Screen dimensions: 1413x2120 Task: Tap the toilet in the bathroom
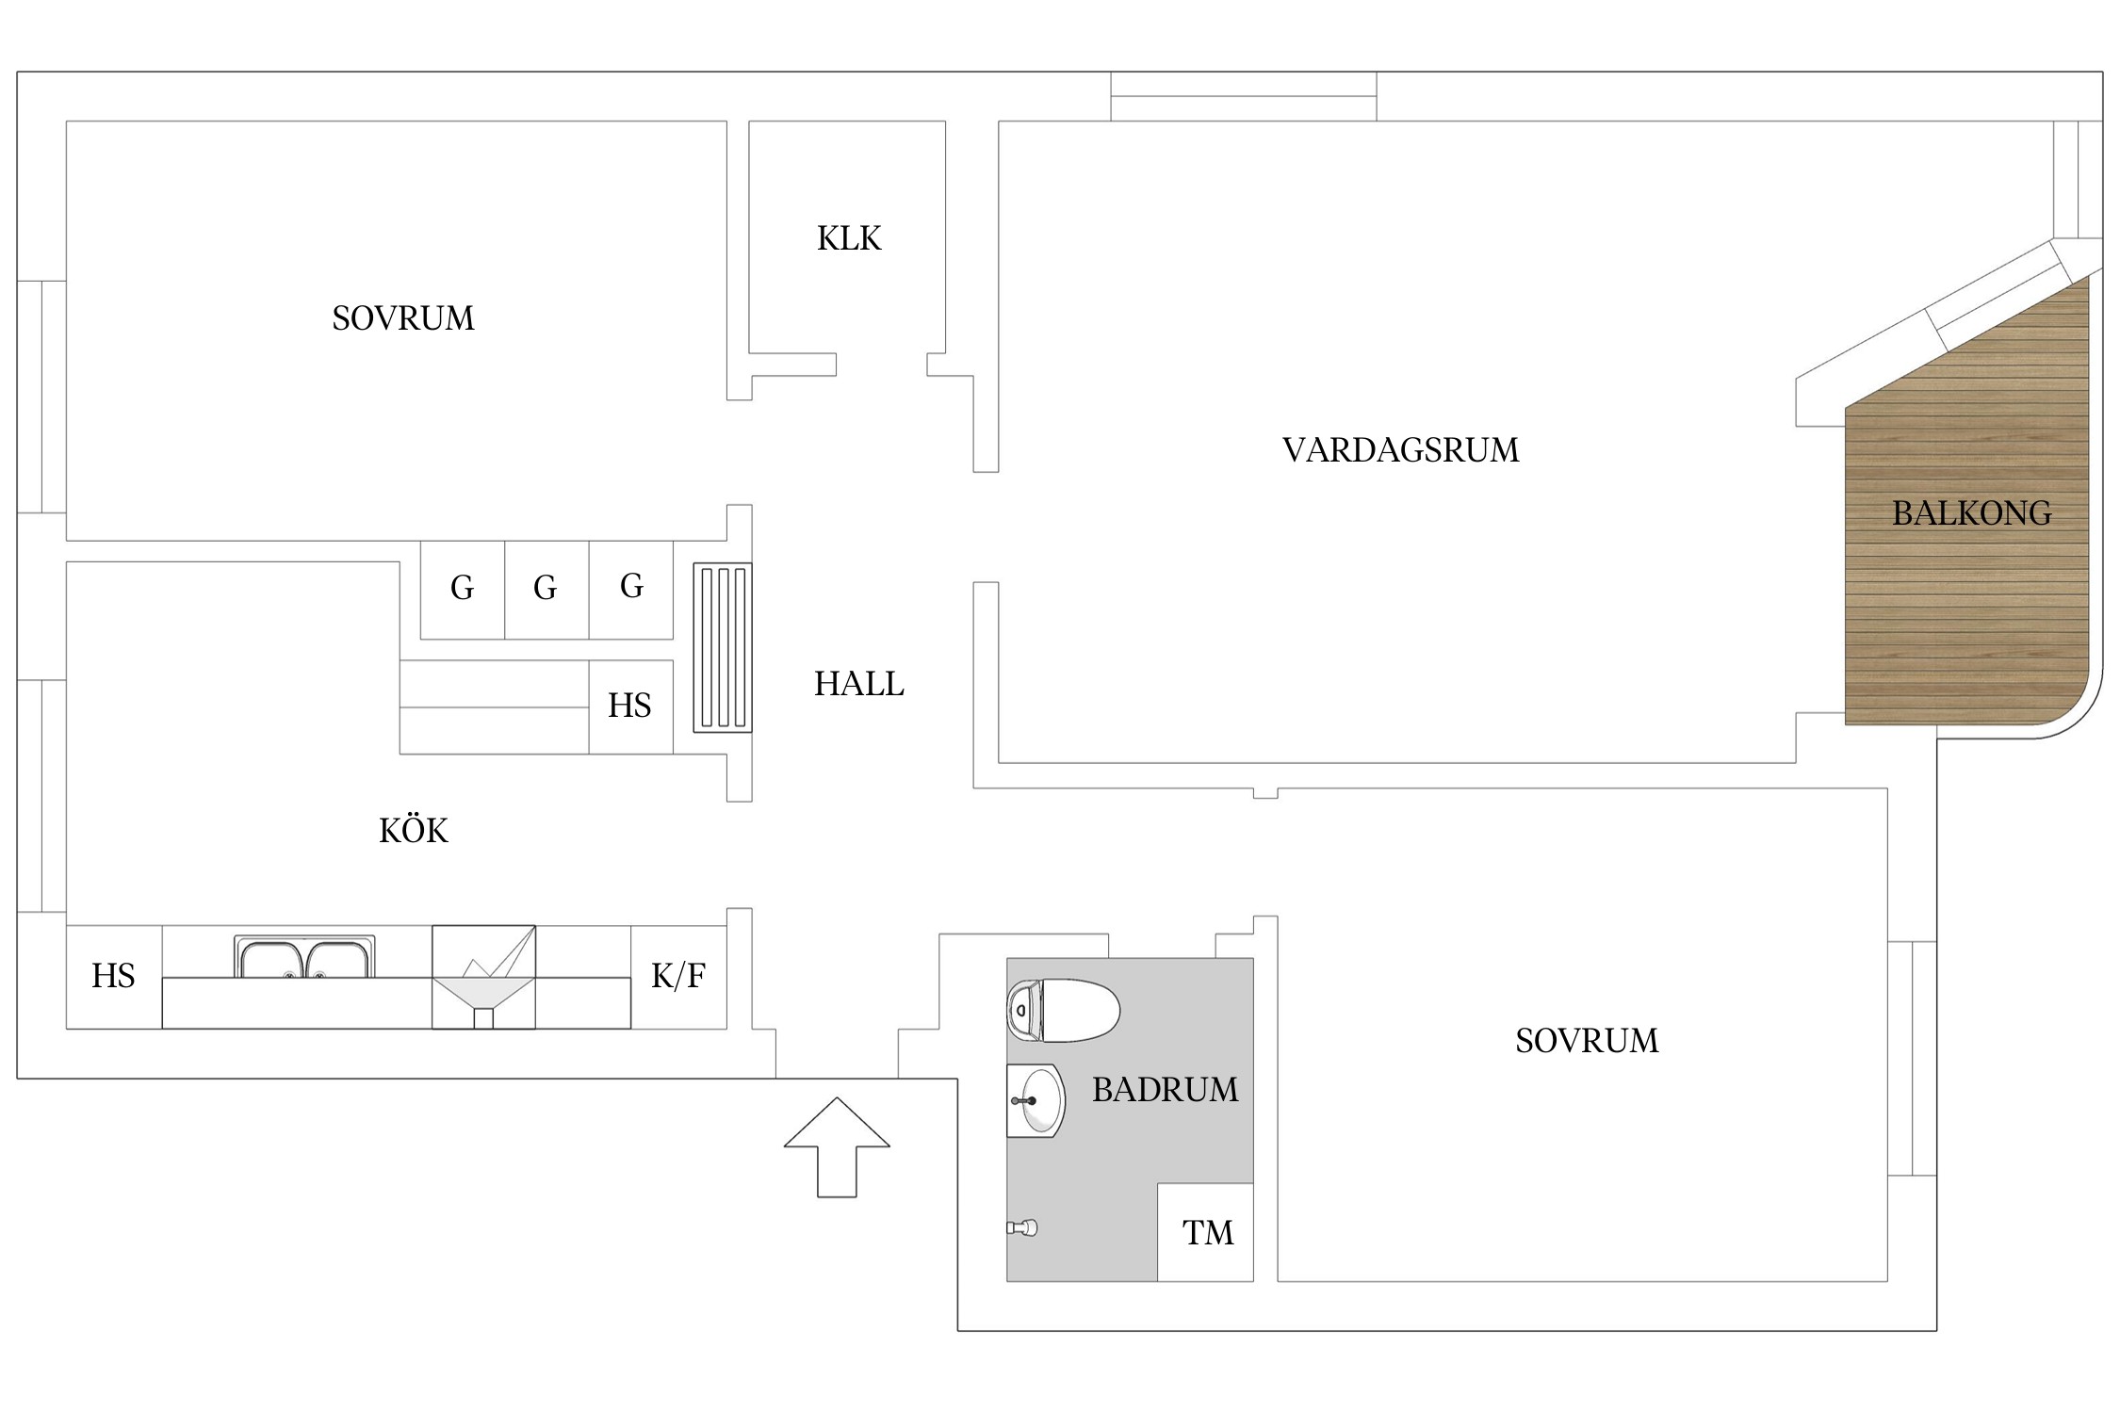(x=1065, y=1011)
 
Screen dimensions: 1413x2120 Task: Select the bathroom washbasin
(x=1036, y=1100)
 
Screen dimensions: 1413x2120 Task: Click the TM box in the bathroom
(x=1207, y=1232)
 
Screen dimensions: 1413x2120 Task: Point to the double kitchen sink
(x=303, y=958)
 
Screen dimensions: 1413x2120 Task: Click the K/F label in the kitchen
(x=678, y=976)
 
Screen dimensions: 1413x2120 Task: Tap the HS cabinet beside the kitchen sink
(x=113, y=976)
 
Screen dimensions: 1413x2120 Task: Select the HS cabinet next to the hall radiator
(x=629, y=706)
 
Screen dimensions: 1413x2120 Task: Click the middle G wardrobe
(x=546, y=589)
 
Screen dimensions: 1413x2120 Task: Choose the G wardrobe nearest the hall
(x=631, y=587)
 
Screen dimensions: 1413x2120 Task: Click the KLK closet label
(x=849, y=239)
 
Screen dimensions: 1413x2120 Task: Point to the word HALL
(x=858, y=684)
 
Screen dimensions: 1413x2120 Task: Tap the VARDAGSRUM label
(x=1400, y=450)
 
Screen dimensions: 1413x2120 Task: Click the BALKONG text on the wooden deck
(x=1971, y=513)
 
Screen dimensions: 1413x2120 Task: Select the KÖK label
(x=413, y=831)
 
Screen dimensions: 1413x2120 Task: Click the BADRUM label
(x=1165, y=1090)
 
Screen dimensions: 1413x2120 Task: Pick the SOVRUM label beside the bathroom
(x=1587, y=1041)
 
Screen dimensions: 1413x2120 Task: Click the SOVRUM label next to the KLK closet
(x=402, y=318)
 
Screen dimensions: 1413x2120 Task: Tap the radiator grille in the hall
(x=723, y=647)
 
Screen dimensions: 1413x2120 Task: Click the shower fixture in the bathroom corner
(x=1022, y=1227)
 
